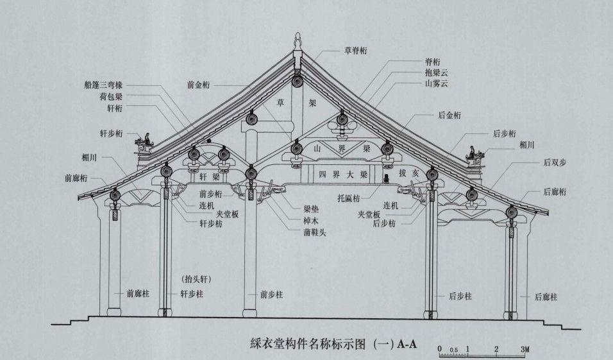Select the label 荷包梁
click(x=111, y=97)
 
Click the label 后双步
click(x=555, y=164)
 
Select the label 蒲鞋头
click(x=315, y=232)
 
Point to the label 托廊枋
click(x=351, y=200)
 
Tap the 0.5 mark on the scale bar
click(x=453, y=350)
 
